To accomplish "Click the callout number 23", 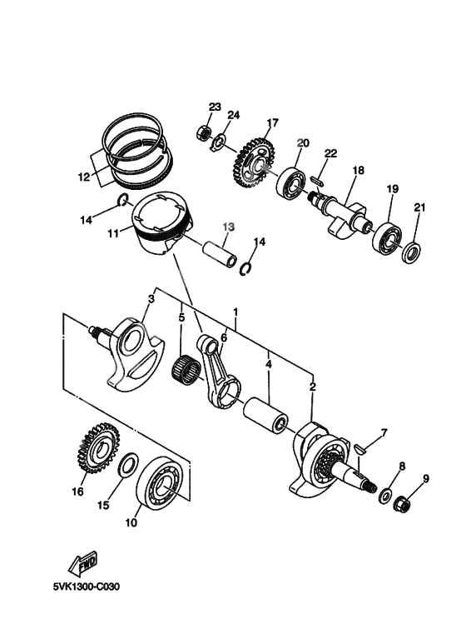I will pyautogui.click(x=215, y=107).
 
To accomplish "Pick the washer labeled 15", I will pyautogui.click(x=128, y=467).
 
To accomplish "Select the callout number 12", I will pyautogui.click(x=82, y=177).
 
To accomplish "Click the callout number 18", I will pyautogui.click(x=359, y=170).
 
